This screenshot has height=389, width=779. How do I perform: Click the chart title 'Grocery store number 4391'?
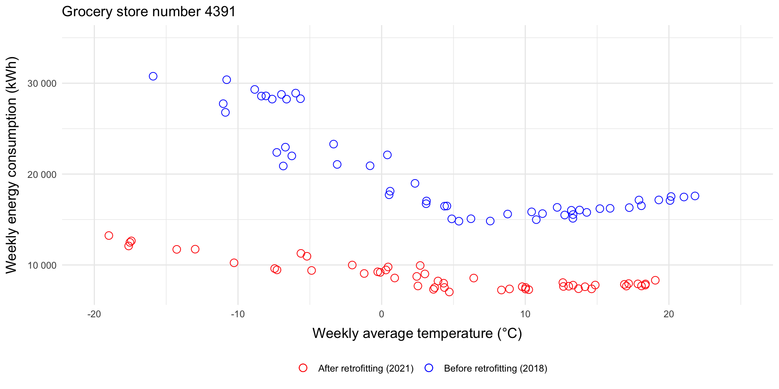click(x=148, y=11)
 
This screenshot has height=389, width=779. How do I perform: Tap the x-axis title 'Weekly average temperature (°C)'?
click(x=417, y=333)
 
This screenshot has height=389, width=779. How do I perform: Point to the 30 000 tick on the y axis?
click(x=42, y=83)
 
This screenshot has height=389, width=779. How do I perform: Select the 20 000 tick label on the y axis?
click(x=42, y=175)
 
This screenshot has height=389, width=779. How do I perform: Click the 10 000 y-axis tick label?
click(x=42, y=265)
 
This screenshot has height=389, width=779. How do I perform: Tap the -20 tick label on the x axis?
click(x=94, y=314)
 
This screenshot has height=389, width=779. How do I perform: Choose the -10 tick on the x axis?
click(x=238, y=314)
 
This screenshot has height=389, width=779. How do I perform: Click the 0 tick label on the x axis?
click(x=381, y=314)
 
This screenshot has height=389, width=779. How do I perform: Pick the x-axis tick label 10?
click(x=525, y=314)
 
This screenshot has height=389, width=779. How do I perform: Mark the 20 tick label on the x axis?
click(x=669, y=314)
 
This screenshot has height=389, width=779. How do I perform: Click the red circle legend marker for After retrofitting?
click(x=303, y=368)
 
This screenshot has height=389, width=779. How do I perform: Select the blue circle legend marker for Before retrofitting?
click(x=429, y=368)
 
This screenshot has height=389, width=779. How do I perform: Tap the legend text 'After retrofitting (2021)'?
click(x=366, y=368)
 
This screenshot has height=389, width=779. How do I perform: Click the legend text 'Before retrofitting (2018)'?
click(x=495, y=368)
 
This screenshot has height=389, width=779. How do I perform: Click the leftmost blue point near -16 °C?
click(x=153, y=76)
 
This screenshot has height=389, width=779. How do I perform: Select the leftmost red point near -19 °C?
click(x=109, y=235)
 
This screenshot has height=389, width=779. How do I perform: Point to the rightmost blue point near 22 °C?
click(x=695, y=196)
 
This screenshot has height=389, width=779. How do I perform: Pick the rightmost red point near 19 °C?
click(x=655, y=280)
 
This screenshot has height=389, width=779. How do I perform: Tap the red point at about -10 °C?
click(x=234, y=263)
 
